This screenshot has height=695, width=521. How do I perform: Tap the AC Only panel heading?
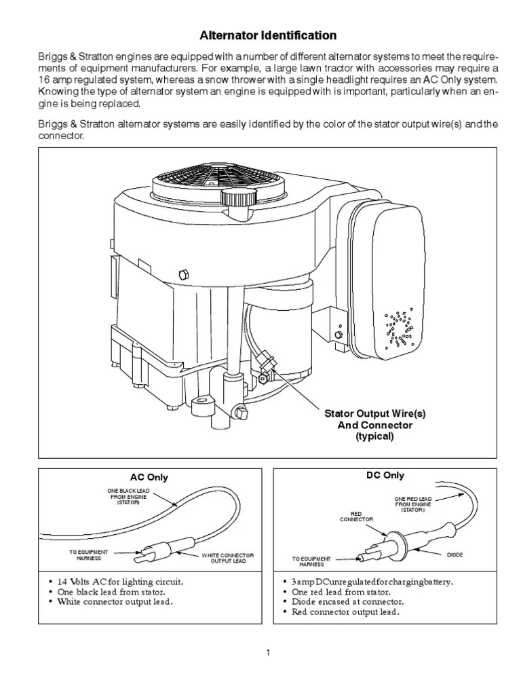(x=149, y=477)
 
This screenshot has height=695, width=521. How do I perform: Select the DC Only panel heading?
(x=384, y=476)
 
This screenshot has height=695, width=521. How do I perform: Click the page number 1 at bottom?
(x=268, y=653)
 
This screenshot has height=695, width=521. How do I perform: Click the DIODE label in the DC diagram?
(x=455, y=555)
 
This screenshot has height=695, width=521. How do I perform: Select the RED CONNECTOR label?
(x=356, y=516)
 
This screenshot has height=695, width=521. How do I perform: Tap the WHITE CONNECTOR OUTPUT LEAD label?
(x=228, y=558)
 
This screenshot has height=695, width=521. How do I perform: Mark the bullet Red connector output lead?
(x=345, y=612)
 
